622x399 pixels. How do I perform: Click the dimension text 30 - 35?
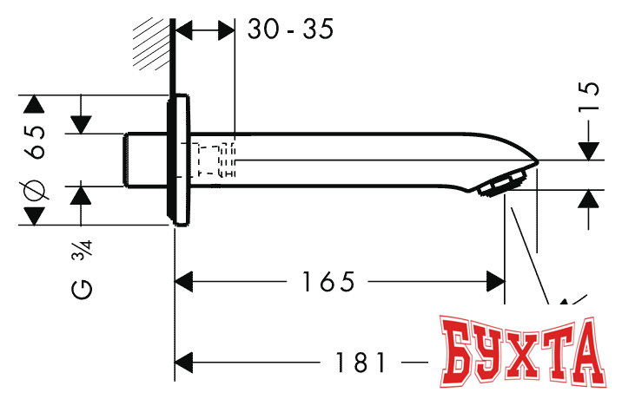pos(290,29)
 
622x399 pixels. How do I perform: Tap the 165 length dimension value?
pos(328,282)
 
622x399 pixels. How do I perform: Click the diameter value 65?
pos(36,139)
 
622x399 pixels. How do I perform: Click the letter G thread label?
pos(82,289)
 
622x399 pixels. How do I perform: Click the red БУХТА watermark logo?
pos(521,355)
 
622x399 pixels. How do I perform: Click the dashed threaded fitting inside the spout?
pos(215,160)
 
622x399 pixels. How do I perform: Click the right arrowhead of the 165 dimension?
pos(496,282)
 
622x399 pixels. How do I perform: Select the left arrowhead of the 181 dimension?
pos(184,363)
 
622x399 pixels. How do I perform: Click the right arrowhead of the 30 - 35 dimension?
pos(227,30)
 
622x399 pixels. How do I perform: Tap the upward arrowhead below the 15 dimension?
pos(589,198)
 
